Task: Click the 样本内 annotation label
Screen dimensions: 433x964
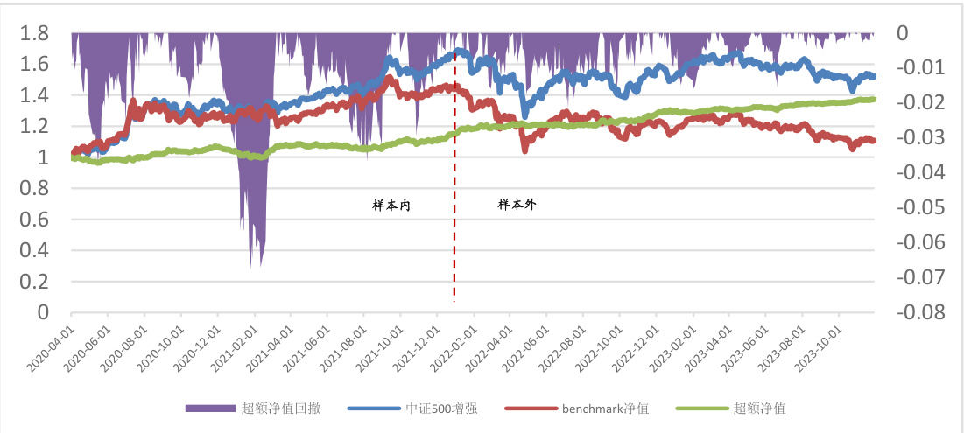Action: click(x=391, y=206)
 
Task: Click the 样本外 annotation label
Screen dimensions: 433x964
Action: click(x=517, y=204)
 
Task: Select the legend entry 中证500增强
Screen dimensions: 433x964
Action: click(x=440, y=408)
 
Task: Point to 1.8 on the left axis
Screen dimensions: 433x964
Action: click(x=36, y=33)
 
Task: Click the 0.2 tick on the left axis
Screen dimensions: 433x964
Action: click(x=36, y=282)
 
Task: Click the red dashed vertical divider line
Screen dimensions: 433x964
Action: click(x=454, y=219)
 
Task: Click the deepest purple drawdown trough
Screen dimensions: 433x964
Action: click(x=253, y=262)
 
